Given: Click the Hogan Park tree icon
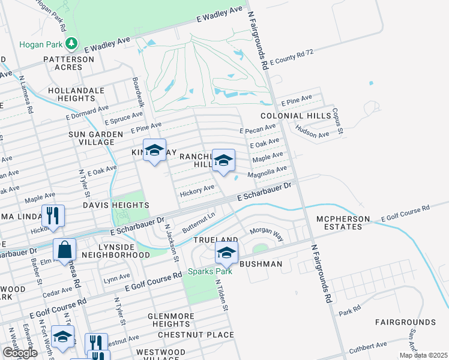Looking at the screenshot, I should pyautogui.click(x=71, y=43).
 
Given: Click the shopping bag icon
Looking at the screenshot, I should pyautogui.click(x=64, y=249).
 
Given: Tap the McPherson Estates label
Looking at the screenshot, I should pyautogui.click(x=340, y=224).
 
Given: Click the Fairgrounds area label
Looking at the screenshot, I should pyautogui.click(x=406, y=322).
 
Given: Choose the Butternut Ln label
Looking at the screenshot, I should pyautogui.click(x=199, y=220).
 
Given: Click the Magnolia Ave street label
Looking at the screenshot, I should pyautogui.click(x=271, y=172).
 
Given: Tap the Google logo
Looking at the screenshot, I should pyautogui.click(x=20, y=352).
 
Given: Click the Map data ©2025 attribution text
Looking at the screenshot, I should pyautogui.click(x=423, y=355).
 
